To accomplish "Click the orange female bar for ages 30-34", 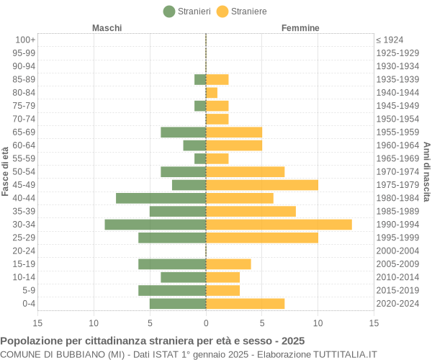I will [279, 225].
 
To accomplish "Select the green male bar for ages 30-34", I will [156, 225].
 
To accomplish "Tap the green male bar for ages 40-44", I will [161, 198].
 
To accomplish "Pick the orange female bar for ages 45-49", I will [262, 185].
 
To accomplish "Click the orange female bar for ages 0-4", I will [245, 304].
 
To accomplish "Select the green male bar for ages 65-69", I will [184, 132].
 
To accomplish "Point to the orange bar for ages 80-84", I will [212, 93].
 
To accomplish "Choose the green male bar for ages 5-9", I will [172, 290].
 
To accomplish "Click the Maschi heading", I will [107, 28].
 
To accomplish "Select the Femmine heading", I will [300, 28].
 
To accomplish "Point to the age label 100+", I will [25, 40].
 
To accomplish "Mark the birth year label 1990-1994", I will [397, 225].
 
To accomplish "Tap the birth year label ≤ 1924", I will [390, 40].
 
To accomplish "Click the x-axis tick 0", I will [206, 324].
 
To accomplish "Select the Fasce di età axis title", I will [6, 171].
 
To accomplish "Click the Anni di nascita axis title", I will [426, 171].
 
